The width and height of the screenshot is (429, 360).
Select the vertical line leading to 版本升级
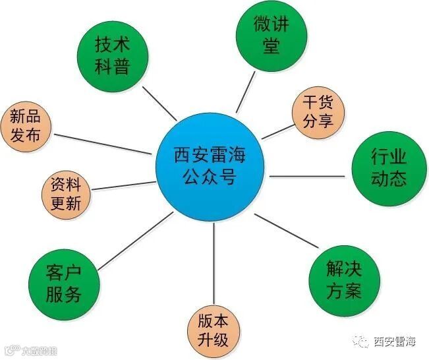pyautogui.click(x=214, y=264)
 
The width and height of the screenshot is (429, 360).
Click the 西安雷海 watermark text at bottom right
pyautogui.click(x=395, y=342)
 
